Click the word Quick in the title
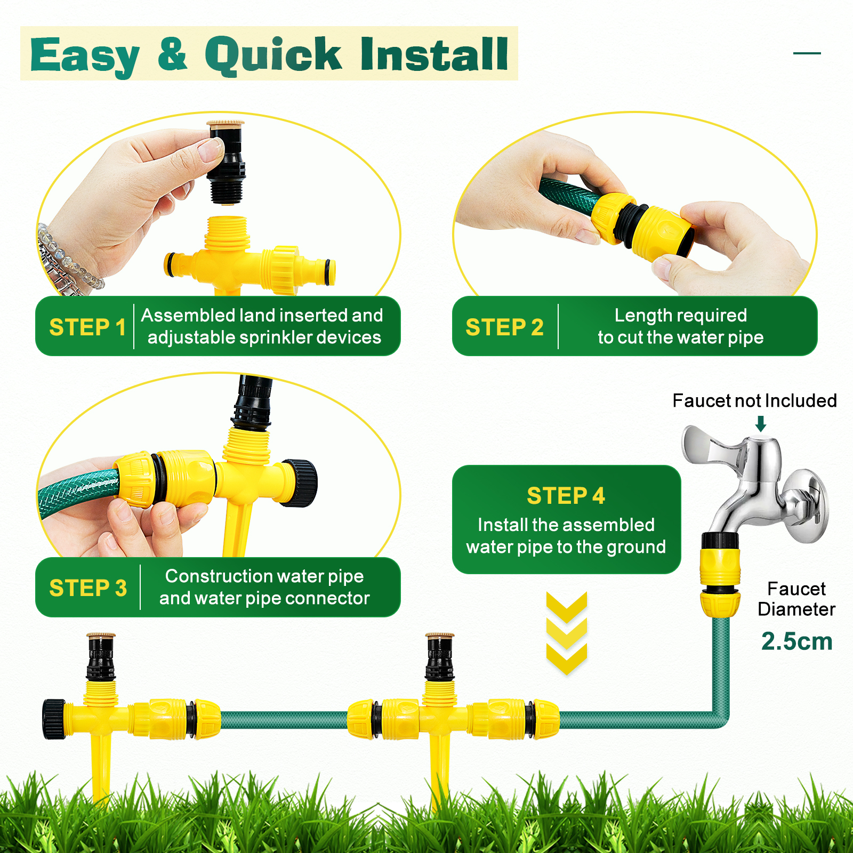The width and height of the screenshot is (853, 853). click(273, 55)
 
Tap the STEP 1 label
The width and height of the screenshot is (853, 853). click(87, 327)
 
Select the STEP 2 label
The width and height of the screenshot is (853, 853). click(504, 327)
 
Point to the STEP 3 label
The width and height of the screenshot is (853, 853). click(88, 588)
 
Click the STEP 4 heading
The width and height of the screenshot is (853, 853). click(566, 496)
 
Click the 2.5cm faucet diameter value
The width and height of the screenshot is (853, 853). click(796, 641)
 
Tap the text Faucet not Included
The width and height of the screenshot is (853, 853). click(754, 400)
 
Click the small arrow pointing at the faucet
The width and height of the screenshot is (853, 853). click(761, 424)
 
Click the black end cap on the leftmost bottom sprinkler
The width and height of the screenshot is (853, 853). click(53, 719)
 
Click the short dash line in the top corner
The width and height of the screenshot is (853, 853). click(807, 53)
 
